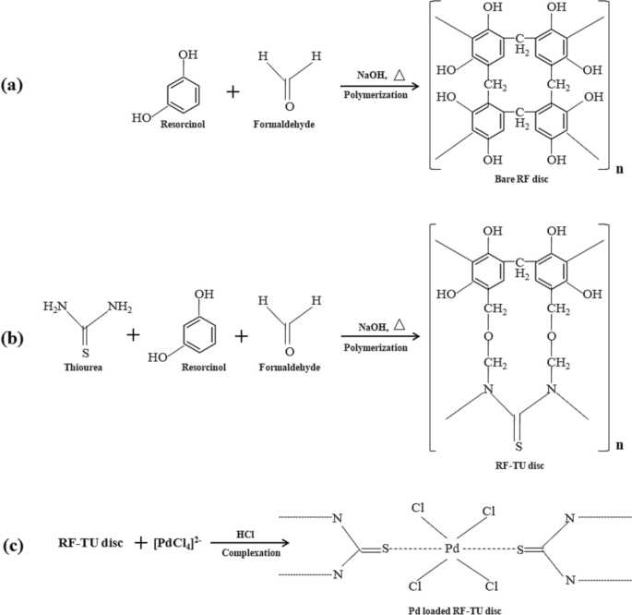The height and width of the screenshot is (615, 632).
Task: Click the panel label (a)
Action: tap(14, 86)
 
